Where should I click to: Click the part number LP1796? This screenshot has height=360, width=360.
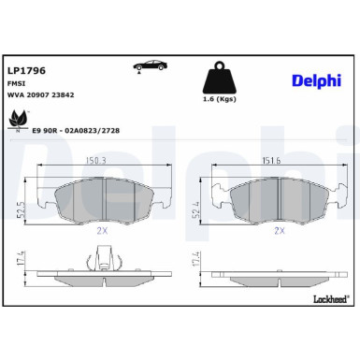[26, 70]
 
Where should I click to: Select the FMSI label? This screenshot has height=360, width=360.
[18, 82]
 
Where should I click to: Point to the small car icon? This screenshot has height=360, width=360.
[150, 67]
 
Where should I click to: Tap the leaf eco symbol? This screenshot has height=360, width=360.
[19, 121]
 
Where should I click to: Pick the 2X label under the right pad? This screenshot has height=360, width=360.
[277, 228]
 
